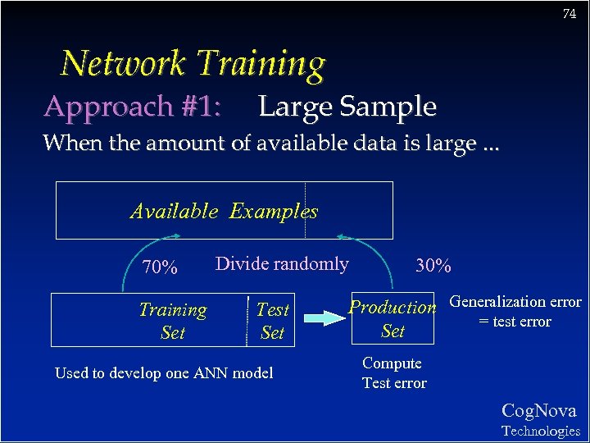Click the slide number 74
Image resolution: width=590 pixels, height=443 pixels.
click(x=570, y=14)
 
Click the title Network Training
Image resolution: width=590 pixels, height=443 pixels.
click(x=193, y=63)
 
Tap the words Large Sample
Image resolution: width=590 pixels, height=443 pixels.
click(x=347, y=107)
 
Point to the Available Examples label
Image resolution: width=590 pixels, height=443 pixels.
click(x=224, y=211)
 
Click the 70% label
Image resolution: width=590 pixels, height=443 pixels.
click(x=160, y=267)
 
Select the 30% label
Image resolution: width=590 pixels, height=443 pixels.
click(x=433, y=266)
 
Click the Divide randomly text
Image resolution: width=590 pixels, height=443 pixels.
click(x=281, y=263)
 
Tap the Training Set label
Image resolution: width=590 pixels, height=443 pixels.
click(x=173, y=321)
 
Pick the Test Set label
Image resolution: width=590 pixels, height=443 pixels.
click(x=272, y=321)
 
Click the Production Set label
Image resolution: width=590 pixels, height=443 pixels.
click(x=393, y=318)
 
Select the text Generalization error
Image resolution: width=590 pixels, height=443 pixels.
click(x=515, y=302)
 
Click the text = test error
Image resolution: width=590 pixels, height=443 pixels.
click(x=515, y=322)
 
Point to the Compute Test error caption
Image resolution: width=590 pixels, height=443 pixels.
click(x=393, y=372)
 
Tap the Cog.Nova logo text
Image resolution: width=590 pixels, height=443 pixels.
click(x=538, y=411)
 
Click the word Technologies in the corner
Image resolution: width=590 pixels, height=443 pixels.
click(x=540, y=431)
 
